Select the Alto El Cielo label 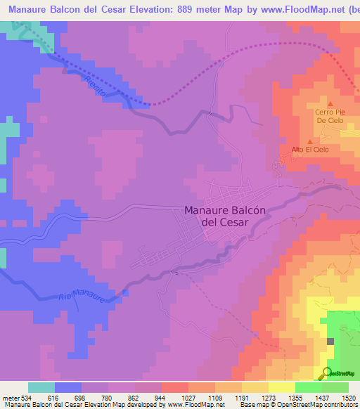tap(310, 150)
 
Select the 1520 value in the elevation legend tap(348, 396)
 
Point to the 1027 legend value tap(188, 396)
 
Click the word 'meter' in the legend tap(10, 396)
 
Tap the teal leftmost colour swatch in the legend tap(41, 387)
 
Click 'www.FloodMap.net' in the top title tap(298, 6)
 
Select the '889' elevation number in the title tap(198, 6)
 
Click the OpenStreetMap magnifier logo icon tap(326, 372)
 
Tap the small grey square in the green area tap(330, 341)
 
